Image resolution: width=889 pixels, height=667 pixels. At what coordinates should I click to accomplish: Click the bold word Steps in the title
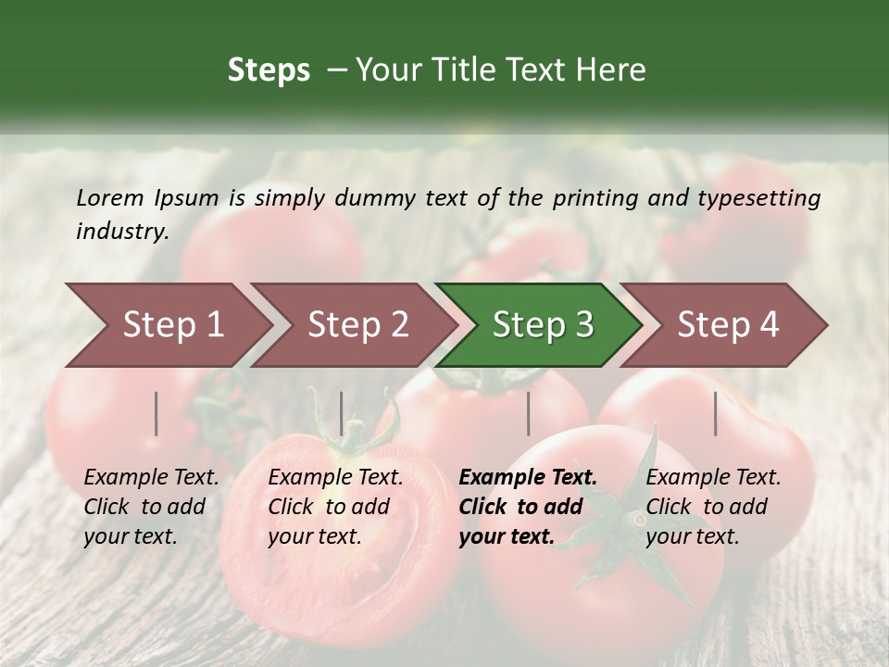(x=269, y=70)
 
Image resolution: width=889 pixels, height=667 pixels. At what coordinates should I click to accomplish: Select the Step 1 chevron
(x=167, y=325)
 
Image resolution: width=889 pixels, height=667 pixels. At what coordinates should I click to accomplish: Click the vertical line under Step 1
(x=157, y=413)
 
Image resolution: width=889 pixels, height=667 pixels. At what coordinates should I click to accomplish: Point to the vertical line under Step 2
(x=342, y=413)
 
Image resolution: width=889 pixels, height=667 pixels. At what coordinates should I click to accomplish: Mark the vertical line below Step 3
(x=529, y=413)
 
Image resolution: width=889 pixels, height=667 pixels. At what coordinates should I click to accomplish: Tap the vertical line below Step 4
(x=716, y=413)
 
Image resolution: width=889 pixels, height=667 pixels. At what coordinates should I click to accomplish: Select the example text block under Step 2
(x=335, y=507)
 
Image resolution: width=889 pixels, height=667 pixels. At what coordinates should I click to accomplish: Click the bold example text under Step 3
(x=528, y=507)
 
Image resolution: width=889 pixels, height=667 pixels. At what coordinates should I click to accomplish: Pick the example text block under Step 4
(x=713, y=507)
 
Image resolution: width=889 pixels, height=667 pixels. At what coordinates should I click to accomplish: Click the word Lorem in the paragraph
(x=110, y=198)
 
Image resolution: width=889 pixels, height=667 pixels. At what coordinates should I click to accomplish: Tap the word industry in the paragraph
(x=121, y=232)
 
